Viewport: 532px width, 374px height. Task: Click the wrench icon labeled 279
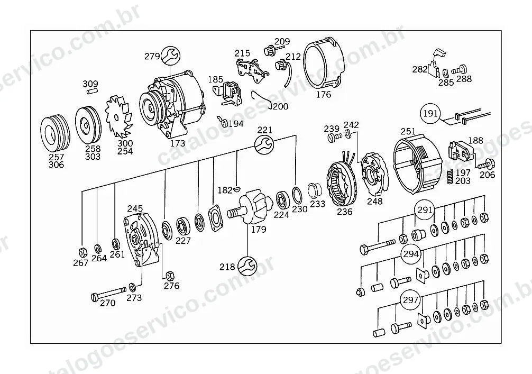(x=170, y=56)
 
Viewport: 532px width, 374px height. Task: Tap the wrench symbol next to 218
(x=247, y=266)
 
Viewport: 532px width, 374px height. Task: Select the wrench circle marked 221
(x=264, y=144)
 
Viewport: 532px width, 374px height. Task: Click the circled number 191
(x=430, y=113)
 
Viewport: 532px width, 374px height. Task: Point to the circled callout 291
(x=425, y=210)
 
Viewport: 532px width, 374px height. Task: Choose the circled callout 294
(x=411, y=253)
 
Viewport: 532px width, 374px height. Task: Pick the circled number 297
(x=410, y=300)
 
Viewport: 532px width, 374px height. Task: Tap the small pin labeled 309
(x=92, y=91)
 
